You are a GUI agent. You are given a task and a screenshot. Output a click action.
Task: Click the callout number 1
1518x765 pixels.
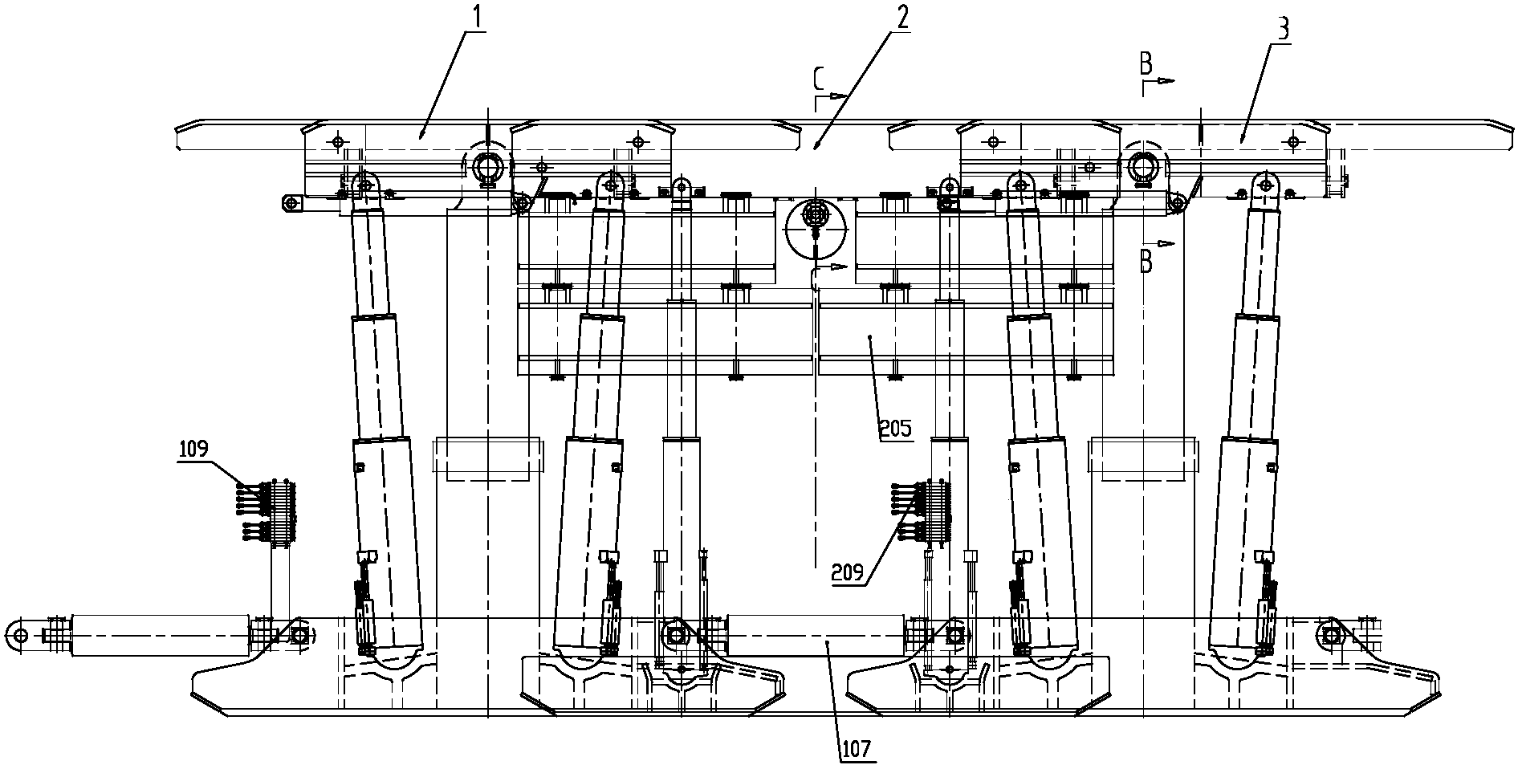point(477,17)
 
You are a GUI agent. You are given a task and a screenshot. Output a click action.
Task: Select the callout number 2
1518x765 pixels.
point(903,17)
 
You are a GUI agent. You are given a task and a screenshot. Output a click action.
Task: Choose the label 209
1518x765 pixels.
point(848,572)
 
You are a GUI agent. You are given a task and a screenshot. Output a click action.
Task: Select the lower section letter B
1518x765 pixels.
point(1147,262)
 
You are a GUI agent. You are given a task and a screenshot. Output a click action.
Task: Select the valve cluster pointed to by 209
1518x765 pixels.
point(922,514)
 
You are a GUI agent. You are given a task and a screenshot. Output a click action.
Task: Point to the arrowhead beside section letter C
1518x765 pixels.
point(838,96)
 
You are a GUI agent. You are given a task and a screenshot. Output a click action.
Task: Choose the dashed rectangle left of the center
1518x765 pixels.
point(486,458)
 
